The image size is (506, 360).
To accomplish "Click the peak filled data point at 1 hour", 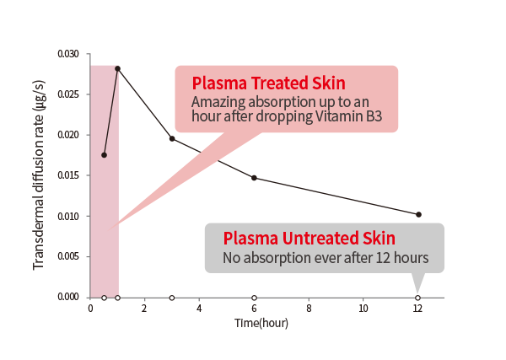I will [x=117, y=68].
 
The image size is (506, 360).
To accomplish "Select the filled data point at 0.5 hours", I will [x=104, y=155].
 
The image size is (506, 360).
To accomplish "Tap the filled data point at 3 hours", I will [x=172, y=138].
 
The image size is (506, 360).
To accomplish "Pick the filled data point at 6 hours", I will [x=254, y=178].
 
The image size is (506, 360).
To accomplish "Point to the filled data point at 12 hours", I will [x=418, y=214].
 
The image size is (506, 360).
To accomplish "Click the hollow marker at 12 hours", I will [x=418, y=298].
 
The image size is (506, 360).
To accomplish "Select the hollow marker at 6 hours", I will [x=254, y=298].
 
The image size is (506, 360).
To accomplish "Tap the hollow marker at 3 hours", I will [x=172, y=298].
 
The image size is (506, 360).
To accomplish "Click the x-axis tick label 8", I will [x=309, y=309].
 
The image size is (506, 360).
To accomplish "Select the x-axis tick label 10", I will [x=363, y=309].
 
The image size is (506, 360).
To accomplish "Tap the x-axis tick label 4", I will [x=199, y=309].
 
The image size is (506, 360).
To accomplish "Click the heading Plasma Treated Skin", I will [x=268, y=83].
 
